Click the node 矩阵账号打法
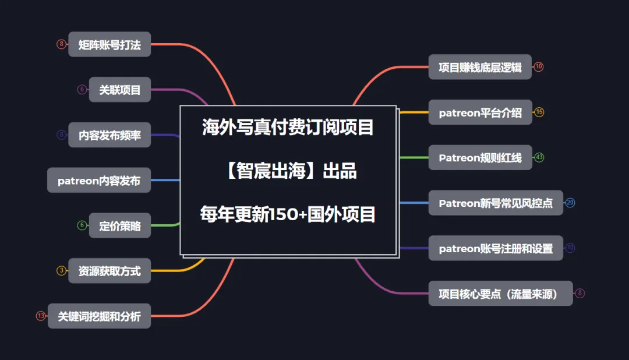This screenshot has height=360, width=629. [109, 44]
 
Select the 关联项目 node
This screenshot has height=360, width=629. [120, 90]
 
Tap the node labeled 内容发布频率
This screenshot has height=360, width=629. [109, 135]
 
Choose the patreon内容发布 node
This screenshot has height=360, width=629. [99, 181]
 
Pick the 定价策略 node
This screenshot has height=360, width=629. [120, 225]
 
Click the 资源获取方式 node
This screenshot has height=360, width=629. [109, 271]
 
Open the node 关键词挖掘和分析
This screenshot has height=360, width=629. [99, 316]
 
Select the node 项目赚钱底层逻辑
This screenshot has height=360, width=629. [480, 67]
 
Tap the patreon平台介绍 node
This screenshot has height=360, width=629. [480, 112]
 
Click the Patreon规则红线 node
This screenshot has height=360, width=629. [480, 157]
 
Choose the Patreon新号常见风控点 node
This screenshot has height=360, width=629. [496, 203]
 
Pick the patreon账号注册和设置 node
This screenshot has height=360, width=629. [496, 248]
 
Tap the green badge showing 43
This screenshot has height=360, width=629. [539, 157]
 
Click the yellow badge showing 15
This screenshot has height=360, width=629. [539, 112]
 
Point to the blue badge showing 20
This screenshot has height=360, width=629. [570, 203]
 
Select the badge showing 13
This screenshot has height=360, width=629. [41, 316]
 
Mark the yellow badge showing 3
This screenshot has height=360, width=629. [61, 271]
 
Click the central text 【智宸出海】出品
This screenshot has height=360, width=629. [288, 171]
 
